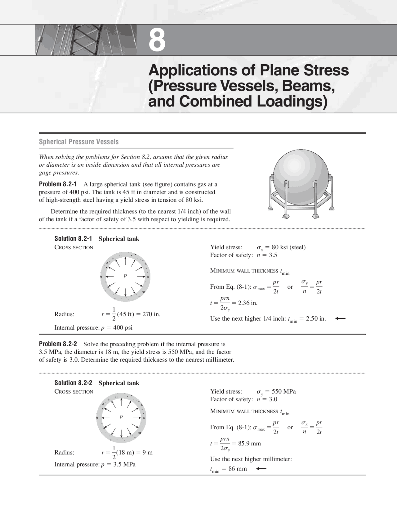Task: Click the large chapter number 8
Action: [157, 40]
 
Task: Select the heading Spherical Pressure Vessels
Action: [79, 142]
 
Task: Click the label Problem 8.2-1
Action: [58, 184]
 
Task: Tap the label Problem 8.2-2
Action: [58, 344]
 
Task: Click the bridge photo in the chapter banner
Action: [86, 40]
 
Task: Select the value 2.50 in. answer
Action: [316, 319]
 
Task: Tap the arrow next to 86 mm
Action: [261, 469]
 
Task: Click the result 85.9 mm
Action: [249, 444]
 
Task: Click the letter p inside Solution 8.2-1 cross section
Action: [125, 276]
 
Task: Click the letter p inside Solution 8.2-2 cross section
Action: [121, 417]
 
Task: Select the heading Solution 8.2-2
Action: [73, 383]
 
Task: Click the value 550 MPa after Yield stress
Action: [283, 391]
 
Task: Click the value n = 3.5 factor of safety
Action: [267, 255]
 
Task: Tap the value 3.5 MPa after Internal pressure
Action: [124, 464]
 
